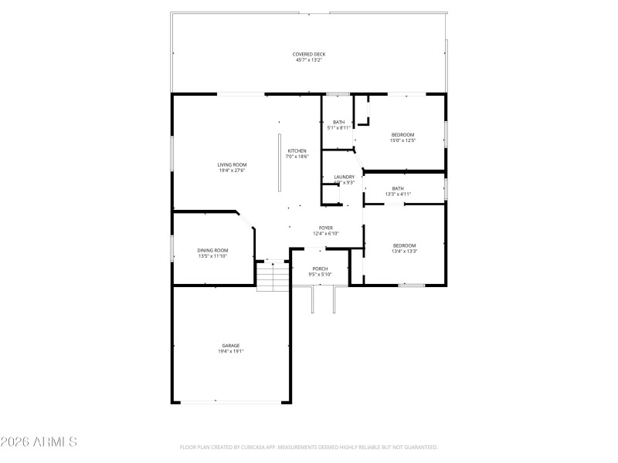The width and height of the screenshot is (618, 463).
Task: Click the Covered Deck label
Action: [308, 54]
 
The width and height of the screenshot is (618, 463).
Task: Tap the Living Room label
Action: [232, 164]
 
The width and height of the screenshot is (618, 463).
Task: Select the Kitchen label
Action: [297, 150]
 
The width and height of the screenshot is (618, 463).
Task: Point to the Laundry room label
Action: [345, 177]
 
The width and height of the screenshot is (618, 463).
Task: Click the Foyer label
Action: [326, 228]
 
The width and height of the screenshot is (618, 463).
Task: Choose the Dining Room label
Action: [213, 250]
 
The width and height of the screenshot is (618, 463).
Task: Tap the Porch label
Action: [321, 269]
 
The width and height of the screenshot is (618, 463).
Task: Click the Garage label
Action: [231, 346]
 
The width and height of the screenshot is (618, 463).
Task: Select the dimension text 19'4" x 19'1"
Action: [231, 352]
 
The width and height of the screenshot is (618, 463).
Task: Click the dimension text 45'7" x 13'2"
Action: [308, 60]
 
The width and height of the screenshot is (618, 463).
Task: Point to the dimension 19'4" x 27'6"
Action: [232, 171]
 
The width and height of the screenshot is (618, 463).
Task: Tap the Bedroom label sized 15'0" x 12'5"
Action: [402, 135]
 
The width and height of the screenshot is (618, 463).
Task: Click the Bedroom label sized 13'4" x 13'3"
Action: [404, 245]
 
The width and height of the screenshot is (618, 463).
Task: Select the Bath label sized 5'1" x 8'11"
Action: [338, 122]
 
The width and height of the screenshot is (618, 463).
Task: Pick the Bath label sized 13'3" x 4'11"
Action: [398, 188]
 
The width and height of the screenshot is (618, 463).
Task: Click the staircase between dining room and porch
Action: [273, 275]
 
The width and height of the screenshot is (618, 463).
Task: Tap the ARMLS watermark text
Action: [39, 442]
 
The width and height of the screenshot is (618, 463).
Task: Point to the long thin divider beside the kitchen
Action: [280, 162]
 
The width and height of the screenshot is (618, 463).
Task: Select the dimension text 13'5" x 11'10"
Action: [213, 255]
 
